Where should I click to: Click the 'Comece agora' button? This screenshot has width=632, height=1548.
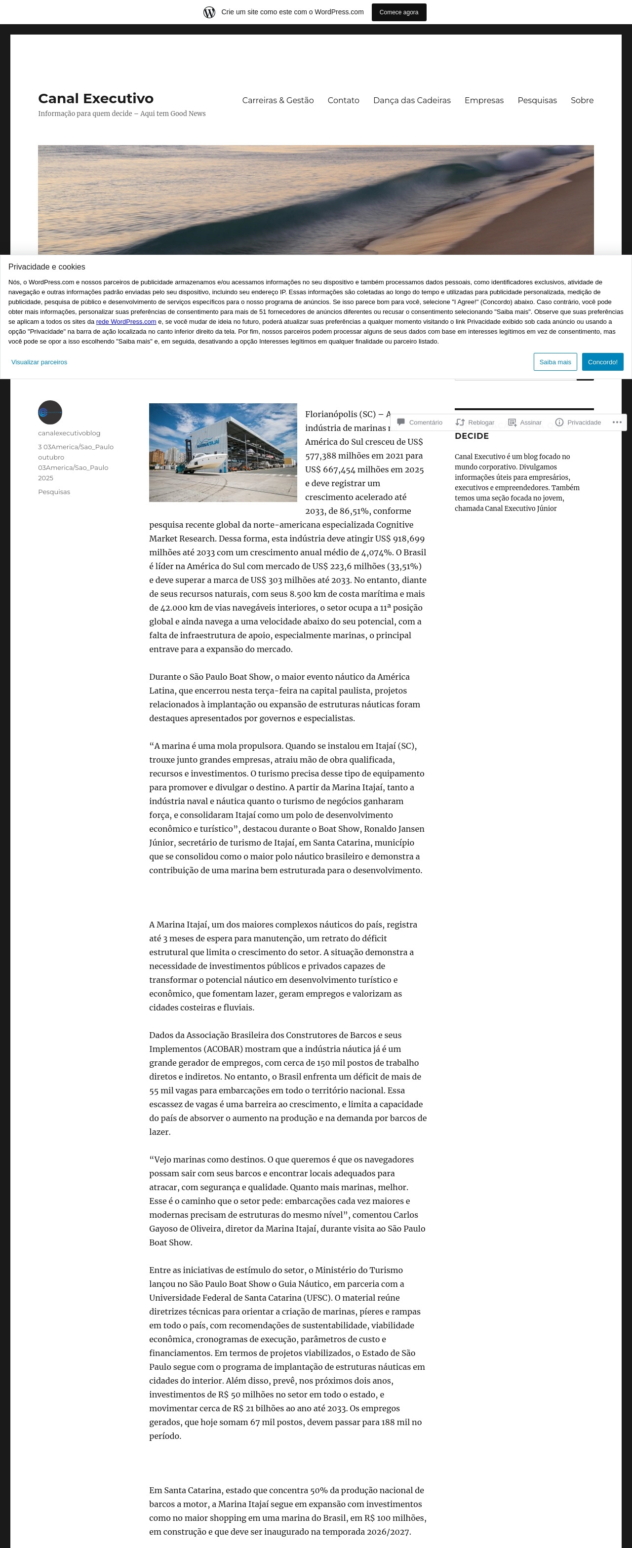click(398, 12)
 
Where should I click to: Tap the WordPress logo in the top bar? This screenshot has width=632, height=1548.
click(209, 12)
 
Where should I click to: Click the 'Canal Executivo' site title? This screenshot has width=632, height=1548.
click(96, 99)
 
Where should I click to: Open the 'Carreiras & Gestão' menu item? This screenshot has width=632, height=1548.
click(278, 100)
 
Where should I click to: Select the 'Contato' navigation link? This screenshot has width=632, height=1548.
click(343, 100)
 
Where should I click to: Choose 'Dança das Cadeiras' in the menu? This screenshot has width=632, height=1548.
click(412, 100)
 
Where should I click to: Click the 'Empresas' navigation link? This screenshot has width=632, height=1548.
click(484, 100)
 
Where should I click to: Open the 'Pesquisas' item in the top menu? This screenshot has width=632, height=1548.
click(537, 100)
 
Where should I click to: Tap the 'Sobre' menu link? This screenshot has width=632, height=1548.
click(582, 100)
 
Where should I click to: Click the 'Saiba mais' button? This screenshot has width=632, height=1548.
click(555, 362)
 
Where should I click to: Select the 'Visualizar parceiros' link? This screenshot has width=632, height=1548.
click(39, 362)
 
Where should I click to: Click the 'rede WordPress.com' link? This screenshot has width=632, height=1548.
click(126, 321)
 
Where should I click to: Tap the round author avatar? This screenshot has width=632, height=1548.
click(50, 412)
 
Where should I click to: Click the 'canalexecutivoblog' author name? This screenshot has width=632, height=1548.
click(69, 433)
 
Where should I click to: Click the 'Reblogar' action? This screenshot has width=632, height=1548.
click(475, 423)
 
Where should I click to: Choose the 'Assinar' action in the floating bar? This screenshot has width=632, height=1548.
click(525, 423)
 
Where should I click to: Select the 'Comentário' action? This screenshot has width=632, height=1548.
click(420, 423)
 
